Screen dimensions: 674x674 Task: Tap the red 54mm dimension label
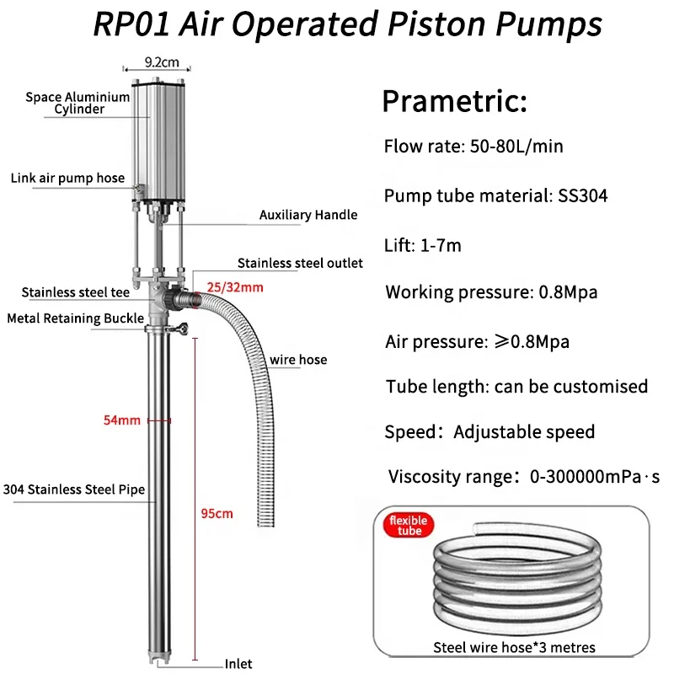(x=121, y=420)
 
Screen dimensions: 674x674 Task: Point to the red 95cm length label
(x=218, y=513)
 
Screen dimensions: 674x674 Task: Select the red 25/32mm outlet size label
(x=235, y=288)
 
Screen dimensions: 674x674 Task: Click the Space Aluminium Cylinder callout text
(x=78, y=103)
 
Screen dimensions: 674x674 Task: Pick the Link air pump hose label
(x=67, y=178)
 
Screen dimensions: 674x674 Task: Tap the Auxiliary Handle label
(x=308, y=215)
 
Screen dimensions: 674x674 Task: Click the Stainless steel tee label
(x=77, y=293)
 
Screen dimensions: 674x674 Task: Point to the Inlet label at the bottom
(x=238, y=664)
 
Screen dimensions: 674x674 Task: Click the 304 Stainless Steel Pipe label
(x=74, y=489)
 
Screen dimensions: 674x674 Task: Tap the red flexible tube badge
(x=408, y=526)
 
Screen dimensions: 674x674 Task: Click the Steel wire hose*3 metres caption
(x=514, y=648)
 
